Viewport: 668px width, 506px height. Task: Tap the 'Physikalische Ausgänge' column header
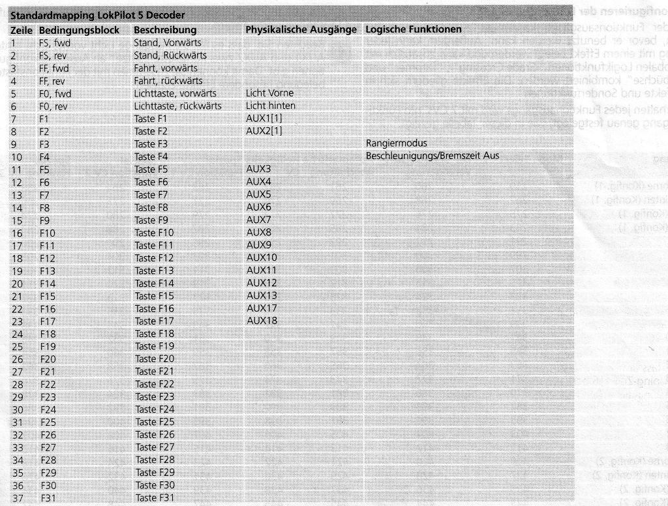pos(301,30)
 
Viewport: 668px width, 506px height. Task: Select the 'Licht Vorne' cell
pos(269,93)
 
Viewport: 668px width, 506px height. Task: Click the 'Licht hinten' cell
pos(270,106)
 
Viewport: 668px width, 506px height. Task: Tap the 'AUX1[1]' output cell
pos(264,118)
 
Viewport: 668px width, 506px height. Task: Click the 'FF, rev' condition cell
pos(52,81)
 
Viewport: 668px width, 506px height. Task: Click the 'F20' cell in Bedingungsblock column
pos(48,359)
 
